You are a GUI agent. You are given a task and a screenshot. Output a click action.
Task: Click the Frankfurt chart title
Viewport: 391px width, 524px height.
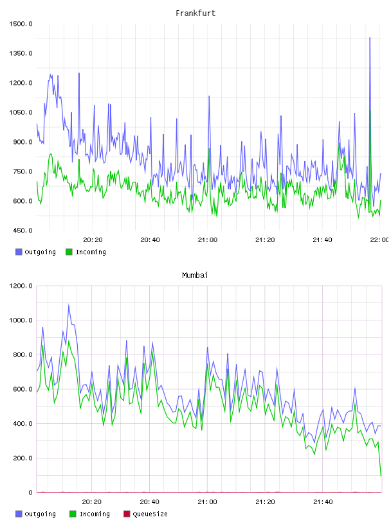[195, 13]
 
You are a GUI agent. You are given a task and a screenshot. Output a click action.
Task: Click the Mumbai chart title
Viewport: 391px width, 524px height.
[195, 275]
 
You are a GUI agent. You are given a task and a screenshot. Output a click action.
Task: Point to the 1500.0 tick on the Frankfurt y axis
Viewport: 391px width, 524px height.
[21, 24]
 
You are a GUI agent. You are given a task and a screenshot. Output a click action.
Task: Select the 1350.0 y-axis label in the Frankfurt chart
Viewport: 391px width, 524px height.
[21, 53]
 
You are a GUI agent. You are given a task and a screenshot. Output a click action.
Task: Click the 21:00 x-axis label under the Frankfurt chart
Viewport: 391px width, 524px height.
[208, 240]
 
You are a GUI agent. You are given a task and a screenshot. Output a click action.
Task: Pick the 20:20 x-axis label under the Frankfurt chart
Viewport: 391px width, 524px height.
[93, 240]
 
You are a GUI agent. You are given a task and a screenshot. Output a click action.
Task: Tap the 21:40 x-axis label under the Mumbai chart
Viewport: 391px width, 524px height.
[323, 502]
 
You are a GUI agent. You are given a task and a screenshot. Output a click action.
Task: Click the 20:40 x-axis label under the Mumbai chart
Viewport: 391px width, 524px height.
[149, 502]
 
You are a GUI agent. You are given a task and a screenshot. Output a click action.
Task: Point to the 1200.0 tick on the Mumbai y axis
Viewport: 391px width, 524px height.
[21, 286]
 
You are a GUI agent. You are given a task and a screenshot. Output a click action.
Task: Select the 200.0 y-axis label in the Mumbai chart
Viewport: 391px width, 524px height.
[23, 458]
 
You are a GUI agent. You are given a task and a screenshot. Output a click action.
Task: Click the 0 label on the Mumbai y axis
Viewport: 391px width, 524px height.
[30, 493]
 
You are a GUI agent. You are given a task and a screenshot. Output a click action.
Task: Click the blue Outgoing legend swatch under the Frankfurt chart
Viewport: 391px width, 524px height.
[19, 252]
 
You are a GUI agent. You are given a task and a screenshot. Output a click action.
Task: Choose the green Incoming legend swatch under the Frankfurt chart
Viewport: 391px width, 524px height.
[69, 252]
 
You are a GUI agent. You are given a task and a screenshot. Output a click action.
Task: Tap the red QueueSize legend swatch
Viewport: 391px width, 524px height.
[127, 514]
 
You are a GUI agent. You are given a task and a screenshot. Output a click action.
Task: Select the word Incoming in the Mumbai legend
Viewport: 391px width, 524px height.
[95, 514]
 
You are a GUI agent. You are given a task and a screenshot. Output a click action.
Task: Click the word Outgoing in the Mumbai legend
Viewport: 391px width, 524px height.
[40, 514]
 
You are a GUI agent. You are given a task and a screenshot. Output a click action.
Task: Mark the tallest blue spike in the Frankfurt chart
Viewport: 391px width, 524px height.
[370, 38]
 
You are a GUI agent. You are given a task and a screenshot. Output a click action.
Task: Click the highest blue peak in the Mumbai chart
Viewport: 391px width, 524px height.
[69, 305]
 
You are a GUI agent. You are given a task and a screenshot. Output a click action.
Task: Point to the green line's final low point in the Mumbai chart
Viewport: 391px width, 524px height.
[381, 476]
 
